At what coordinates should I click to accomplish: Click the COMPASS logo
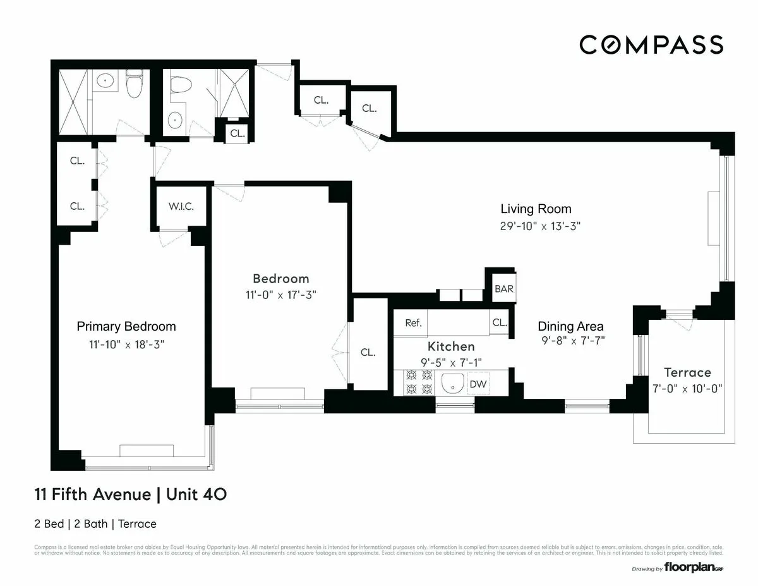point(651,45)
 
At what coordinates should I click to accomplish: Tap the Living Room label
point(536,209)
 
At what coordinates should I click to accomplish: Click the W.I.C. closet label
point(181,207)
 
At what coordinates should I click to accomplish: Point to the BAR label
point(503,289)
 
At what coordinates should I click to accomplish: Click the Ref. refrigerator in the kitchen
point(413,322)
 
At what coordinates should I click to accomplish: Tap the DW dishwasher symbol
point(478,384)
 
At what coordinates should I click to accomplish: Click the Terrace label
point(687,372)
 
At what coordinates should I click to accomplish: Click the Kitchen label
point(451,346)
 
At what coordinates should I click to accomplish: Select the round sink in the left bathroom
point(105,80)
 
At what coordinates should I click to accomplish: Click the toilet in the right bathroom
point(181,85)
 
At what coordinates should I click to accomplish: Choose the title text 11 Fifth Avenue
point(93,494)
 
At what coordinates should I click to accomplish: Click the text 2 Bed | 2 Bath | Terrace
point(95,523)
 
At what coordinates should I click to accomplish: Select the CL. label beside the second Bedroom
point(368,352)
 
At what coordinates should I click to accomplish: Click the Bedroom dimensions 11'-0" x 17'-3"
point(280,295)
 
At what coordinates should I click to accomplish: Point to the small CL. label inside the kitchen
point(499,322)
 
